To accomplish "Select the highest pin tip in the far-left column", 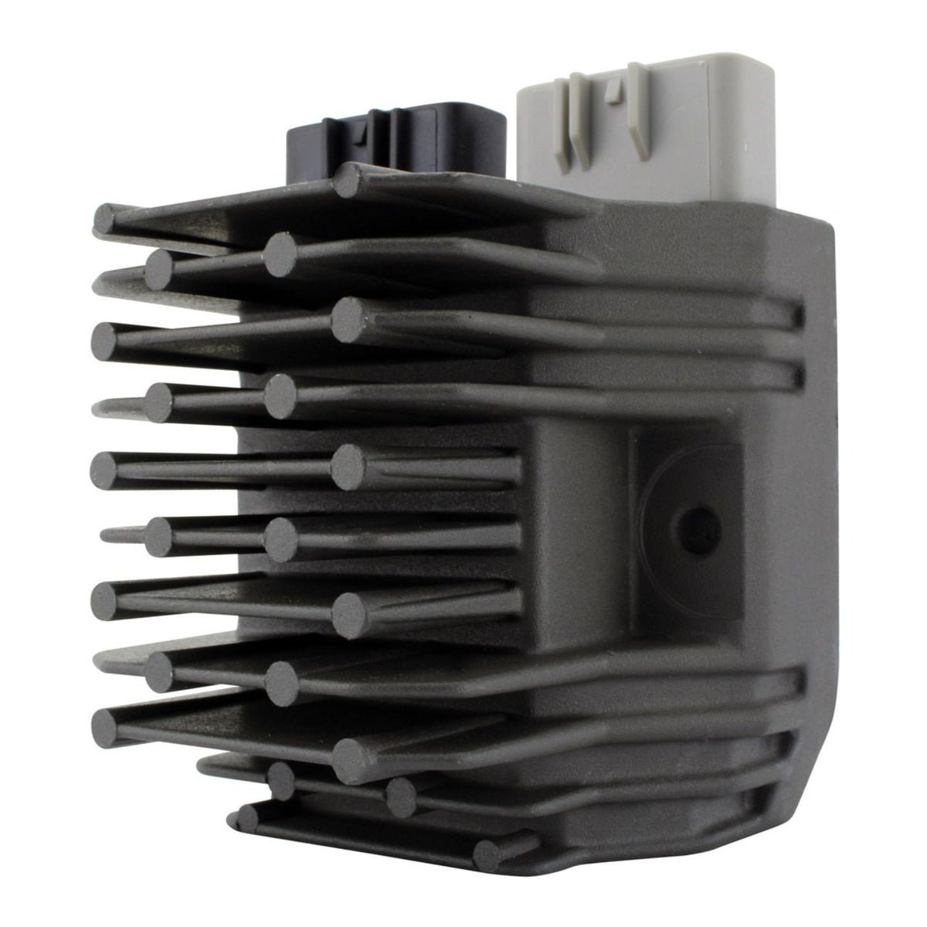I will [x=105, y=220].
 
